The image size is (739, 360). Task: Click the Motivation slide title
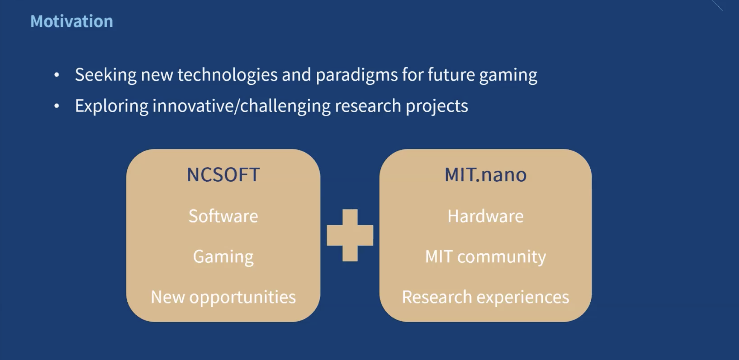pos(72,21)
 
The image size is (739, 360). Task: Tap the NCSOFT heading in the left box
pos(223,174)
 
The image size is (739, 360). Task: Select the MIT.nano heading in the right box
pos(485,174)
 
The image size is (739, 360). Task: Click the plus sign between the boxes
pos(350,235)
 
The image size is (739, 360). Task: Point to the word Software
pos(223,216)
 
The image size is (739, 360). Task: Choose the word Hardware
pos(485,216)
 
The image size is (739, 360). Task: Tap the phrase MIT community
pos(485,257)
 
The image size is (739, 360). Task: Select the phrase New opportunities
pos(223,297)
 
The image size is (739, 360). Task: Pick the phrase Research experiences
pos(485,297)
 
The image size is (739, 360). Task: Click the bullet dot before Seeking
pos(57,75)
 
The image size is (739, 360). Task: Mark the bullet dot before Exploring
pos(57,106)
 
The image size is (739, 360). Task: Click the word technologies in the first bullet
pos(227,75)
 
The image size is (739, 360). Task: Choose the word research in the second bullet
pos(368,106)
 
